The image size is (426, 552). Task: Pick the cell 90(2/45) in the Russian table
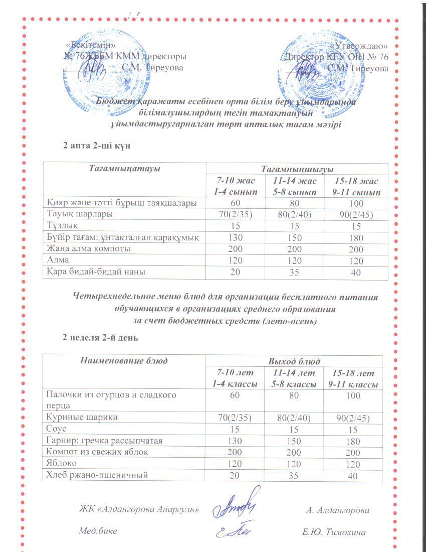(353, 419)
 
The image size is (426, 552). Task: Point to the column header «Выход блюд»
(294, 361)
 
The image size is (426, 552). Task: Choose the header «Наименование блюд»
(124, 361)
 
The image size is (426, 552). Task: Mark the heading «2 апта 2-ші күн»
(97, 145)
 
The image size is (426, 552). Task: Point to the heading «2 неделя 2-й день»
(100, 338)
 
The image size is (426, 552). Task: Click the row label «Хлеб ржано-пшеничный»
(97, 475)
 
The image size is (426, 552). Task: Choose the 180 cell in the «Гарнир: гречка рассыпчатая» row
(353, 441)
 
